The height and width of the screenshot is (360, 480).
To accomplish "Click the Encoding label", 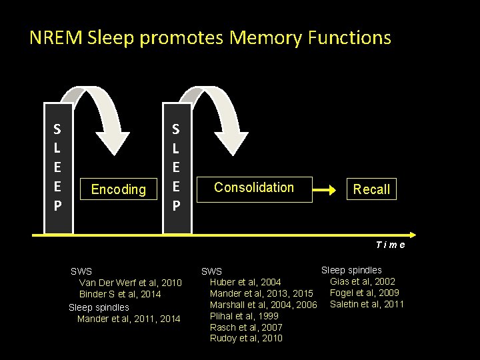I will point(118,189).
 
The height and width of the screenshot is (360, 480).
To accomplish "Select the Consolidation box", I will point(254,188).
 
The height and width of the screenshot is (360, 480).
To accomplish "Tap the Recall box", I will point(371,189).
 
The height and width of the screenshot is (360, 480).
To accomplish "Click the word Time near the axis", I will point(390,245).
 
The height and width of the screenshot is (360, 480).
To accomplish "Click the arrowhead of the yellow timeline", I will point(411,235).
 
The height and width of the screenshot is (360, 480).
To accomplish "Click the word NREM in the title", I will point(56,38).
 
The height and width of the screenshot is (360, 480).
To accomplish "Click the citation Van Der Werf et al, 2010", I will point(130,283).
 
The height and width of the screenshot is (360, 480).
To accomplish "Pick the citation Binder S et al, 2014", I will point(120,294).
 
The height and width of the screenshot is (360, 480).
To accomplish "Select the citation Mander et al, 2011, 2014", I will point(129,319).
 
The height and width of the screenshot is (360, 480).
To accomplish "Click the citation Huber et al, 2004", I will point(245,282).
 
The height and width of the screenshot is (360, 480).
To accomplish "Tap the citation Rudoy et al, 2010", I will point(246,338).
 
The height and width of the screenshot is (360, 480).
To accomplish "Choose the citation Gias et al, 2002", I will point(362,281).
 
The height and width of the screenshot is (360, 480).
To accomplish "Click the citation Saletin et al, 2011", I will point(367,304).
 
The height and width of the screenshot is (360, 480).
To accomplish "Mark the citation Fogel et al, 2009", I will point(365,293).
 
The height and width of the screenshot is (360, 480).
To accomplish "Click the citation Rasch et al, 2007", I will point(246,327).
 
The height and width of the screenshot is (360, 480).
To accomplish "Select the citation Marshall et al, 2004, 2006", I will point(263,305).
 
